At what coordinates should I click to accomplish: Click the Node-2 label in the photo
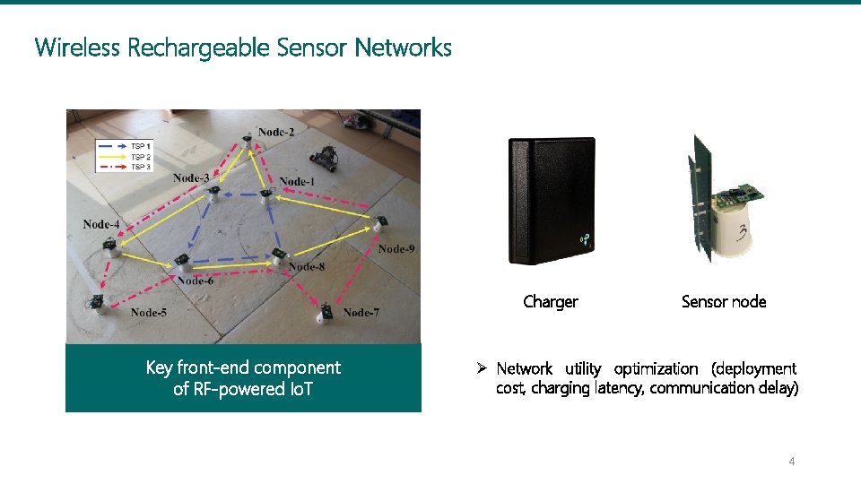click(x=276, y=133)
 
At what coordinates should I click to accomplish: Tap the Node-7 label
click(x=361, y=312)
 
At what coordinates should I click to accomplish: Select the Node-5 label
click(x=148, y=312)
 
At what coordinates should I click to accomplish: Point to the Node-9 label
click(x=396, y=248)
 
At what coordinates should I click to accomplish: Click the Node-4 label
click(x=101, y=224)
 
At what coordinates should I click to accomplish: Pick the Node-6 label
click(x=196, y=281)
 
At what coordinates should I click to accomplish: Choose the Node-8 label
click(x=307, y=266)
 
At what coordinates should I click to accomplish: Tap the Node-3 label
click(x=191, y=177)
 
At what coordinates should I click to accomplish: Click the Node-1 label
click(x=297, y=181)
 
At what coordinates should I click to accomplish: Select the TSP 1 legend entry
click(x=141, y=146)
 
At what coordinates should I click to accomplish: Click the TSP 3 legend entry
click(x=141, y=167)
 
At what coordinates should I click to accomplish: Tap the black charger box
click(x=552, y=201)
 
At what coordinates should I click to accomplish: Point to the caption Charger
click(x=551, y=302)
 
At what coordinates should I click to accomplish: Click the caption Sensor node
click(x=724, y=302)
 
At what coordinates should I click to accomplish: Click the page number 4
click(x=791, y=462)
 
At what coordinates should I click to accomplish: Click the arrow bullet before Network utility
click(x=482, y=368)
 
